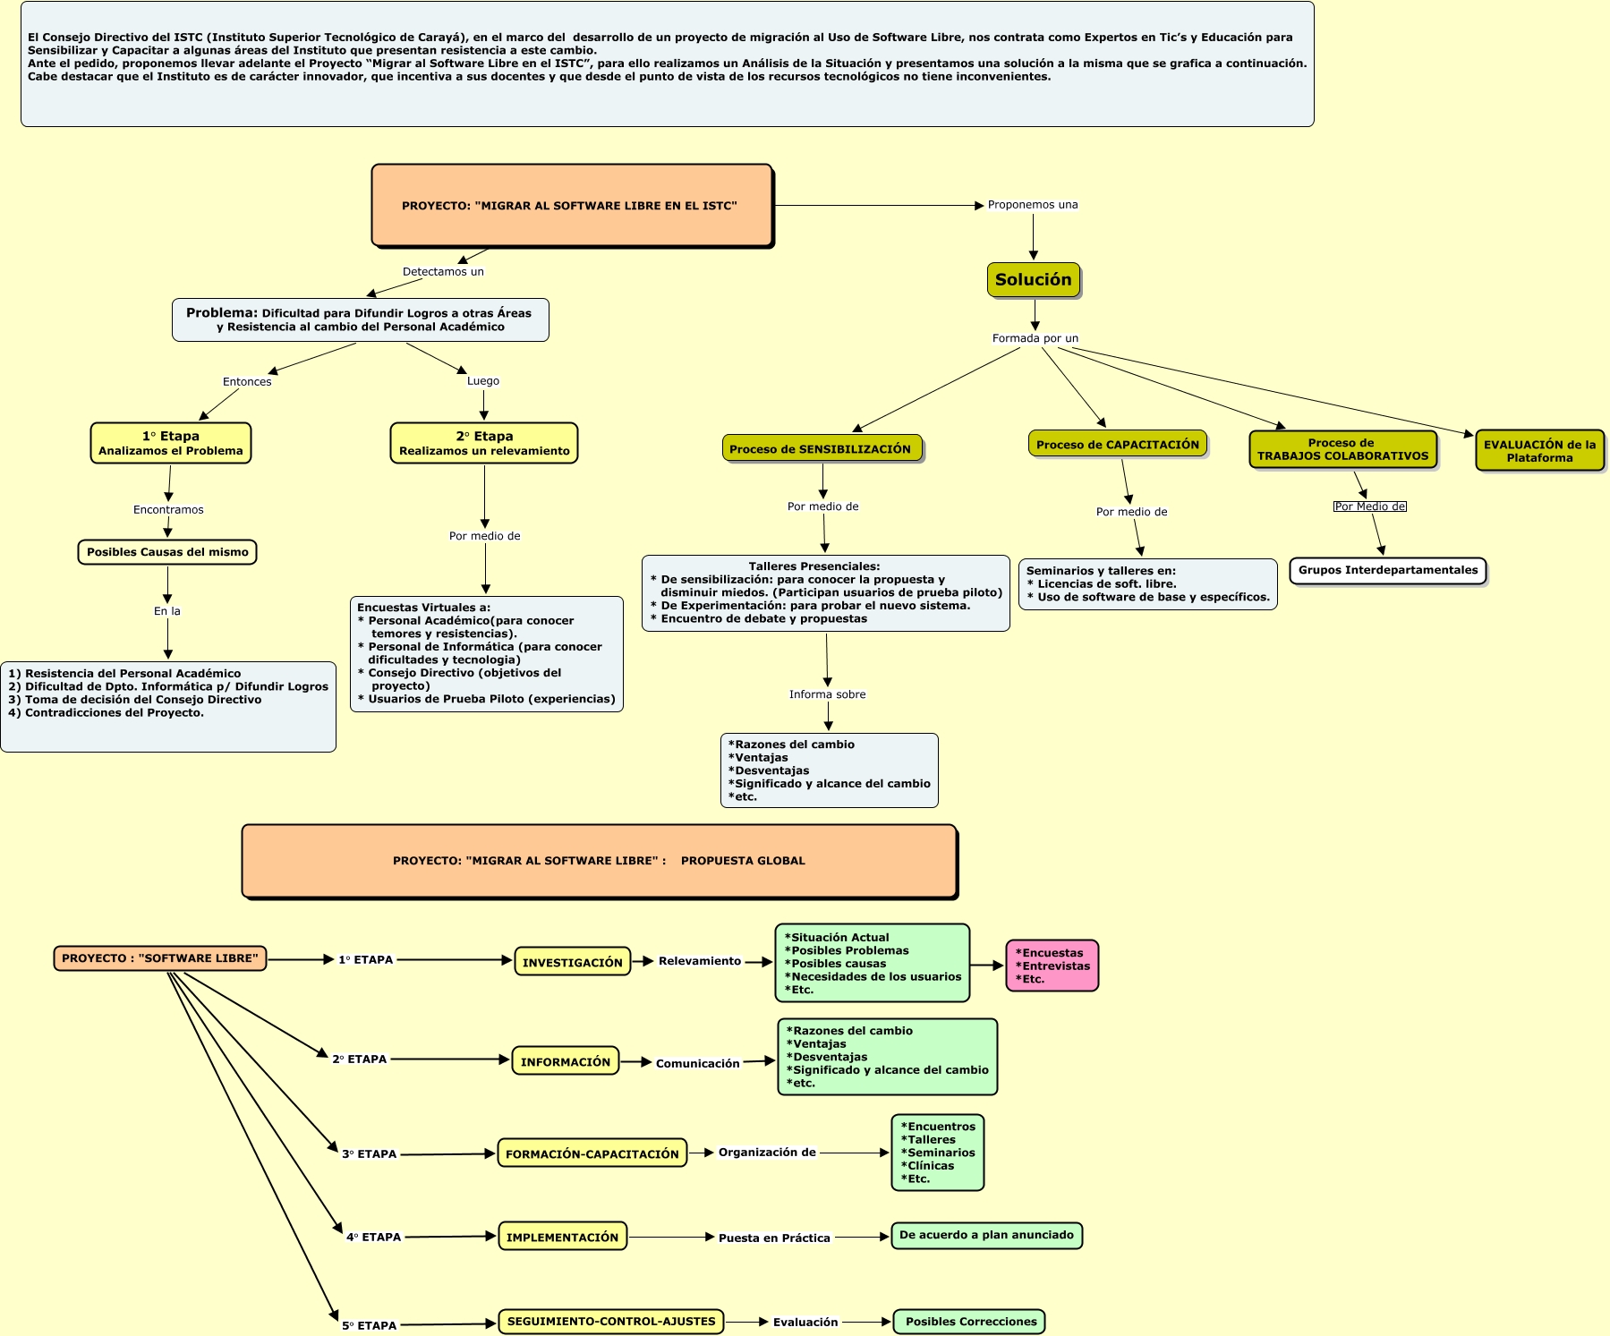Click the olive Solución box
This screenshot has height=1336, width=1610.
(x=1033, y=279)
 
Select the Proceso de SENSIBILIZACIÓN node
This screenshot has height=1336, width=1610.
(x=821, y=448)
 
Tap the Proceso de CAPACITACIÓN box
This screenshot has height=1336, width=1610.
(x=1117, y=444)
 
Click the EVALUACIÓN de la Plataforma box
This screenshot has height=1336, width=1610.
(x=1538, y=450)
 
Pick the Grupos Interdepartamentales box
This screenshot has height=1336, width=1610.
(x=1387, y=570)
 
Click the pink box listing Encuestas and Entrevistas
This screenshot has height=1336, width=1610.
(x=1052, y=966)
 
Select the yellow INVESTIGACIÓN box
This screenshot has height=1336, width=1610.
(x=572, y=962)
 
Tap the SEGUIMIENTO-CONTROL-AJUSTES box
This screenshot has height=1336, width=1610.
(x=610, y=1321)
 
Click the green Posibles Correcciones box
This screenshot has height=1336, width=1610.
(x=969, y=1321)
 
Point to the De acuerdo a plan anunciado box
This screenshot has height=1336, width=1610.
(x=986, y=1235)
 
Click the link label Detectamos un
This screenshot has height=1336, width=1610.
(x=443, y=271)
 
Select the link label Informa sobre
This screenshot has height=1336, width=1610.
(x=827, y=694)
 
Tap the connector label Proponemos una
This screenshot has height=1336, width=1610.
(x=1032, y=205)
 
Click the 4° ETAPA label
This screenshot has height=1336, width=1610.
(x=373, y=1237)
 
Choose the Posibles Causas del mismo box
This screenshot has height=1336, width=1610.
(x=167, y=552)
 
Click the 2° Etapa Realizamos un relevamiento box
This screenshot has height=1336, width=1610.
(x=484, y=443)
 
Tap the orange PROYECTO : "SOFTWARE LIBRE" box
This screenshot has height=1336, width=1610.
(x=160, y=958)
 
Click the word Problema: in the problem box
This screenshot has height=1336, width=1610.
(x=221, y=312)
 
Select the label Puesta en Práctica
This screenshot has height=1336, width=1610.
(x=774, y=1238)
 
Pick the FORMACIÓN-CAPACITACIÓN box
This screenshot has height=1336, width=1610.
(x=592, y=1153)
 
